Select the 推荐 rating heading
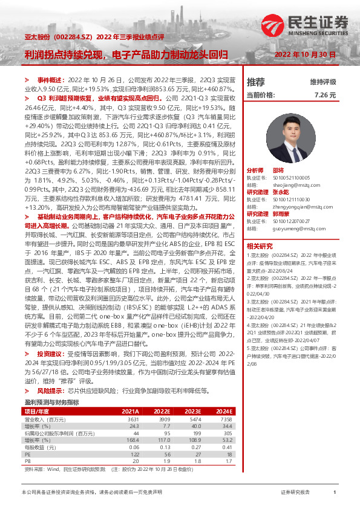click(x=256, y=82)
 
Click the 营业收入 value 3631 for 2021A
click(x=133, y=419)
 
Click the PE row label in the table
click(x=28, y=453)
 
